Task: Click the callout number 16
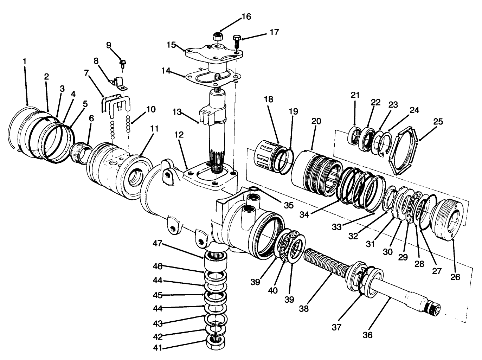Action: [246, 17]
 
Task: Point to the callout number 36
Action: [367, 335]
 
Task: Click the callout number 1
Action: [25, 61]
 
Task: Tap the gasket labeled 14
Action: [214, 78]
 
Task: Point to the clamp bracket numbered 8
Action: [119, 83]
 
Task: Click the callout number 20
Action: [316, 121]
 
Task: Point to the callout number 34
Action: [304, 214]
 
